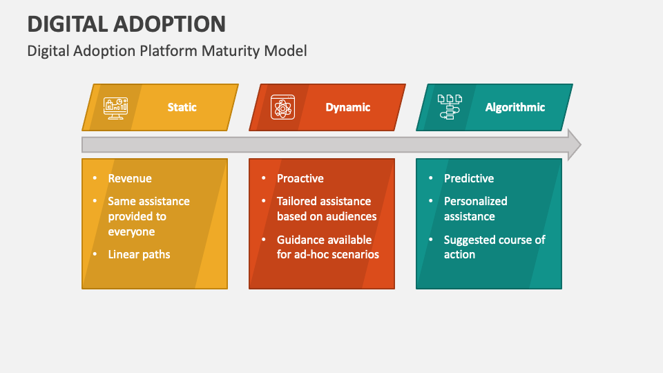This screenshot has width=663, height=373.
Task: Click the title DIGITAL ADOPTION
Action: tap(126, 24)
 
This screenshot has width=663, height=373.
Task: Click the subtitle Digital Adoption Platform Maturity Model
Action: tap(167, 51)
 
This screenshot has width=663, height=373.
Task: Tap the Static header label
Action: tap(182, 107)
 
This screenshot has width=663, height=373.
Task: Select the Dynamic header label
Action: tap(348, 107)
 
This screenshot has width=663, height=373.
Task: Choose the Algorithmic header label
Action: tap(515, 107)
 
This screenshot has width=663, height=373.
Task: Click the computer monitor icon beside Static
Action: tap(115, 107)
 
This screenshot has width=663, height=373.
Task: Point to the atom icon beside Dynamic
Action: tap(282, 107)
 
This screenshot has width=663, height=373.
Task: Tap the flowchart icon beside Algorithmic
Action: tap(450, 107)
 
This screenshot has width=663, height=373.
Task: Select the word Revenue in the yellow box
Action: tap(130, 178)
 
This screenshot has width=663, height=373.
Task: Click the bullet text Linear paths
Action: tap(139, 254)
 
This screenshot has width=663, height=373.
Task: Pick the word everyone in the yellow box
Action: tap(131, 231)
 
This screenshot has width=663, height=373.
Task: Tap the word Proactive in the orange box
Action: tap(300, 178)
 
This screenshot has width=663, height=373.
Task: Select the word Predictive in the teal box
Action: tap(469, 178)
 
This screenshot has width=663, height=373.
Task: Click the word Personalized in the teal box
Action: tap(475, 201)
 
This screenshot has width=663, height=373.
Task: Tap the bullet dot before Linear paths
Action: tap(95, 254)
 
